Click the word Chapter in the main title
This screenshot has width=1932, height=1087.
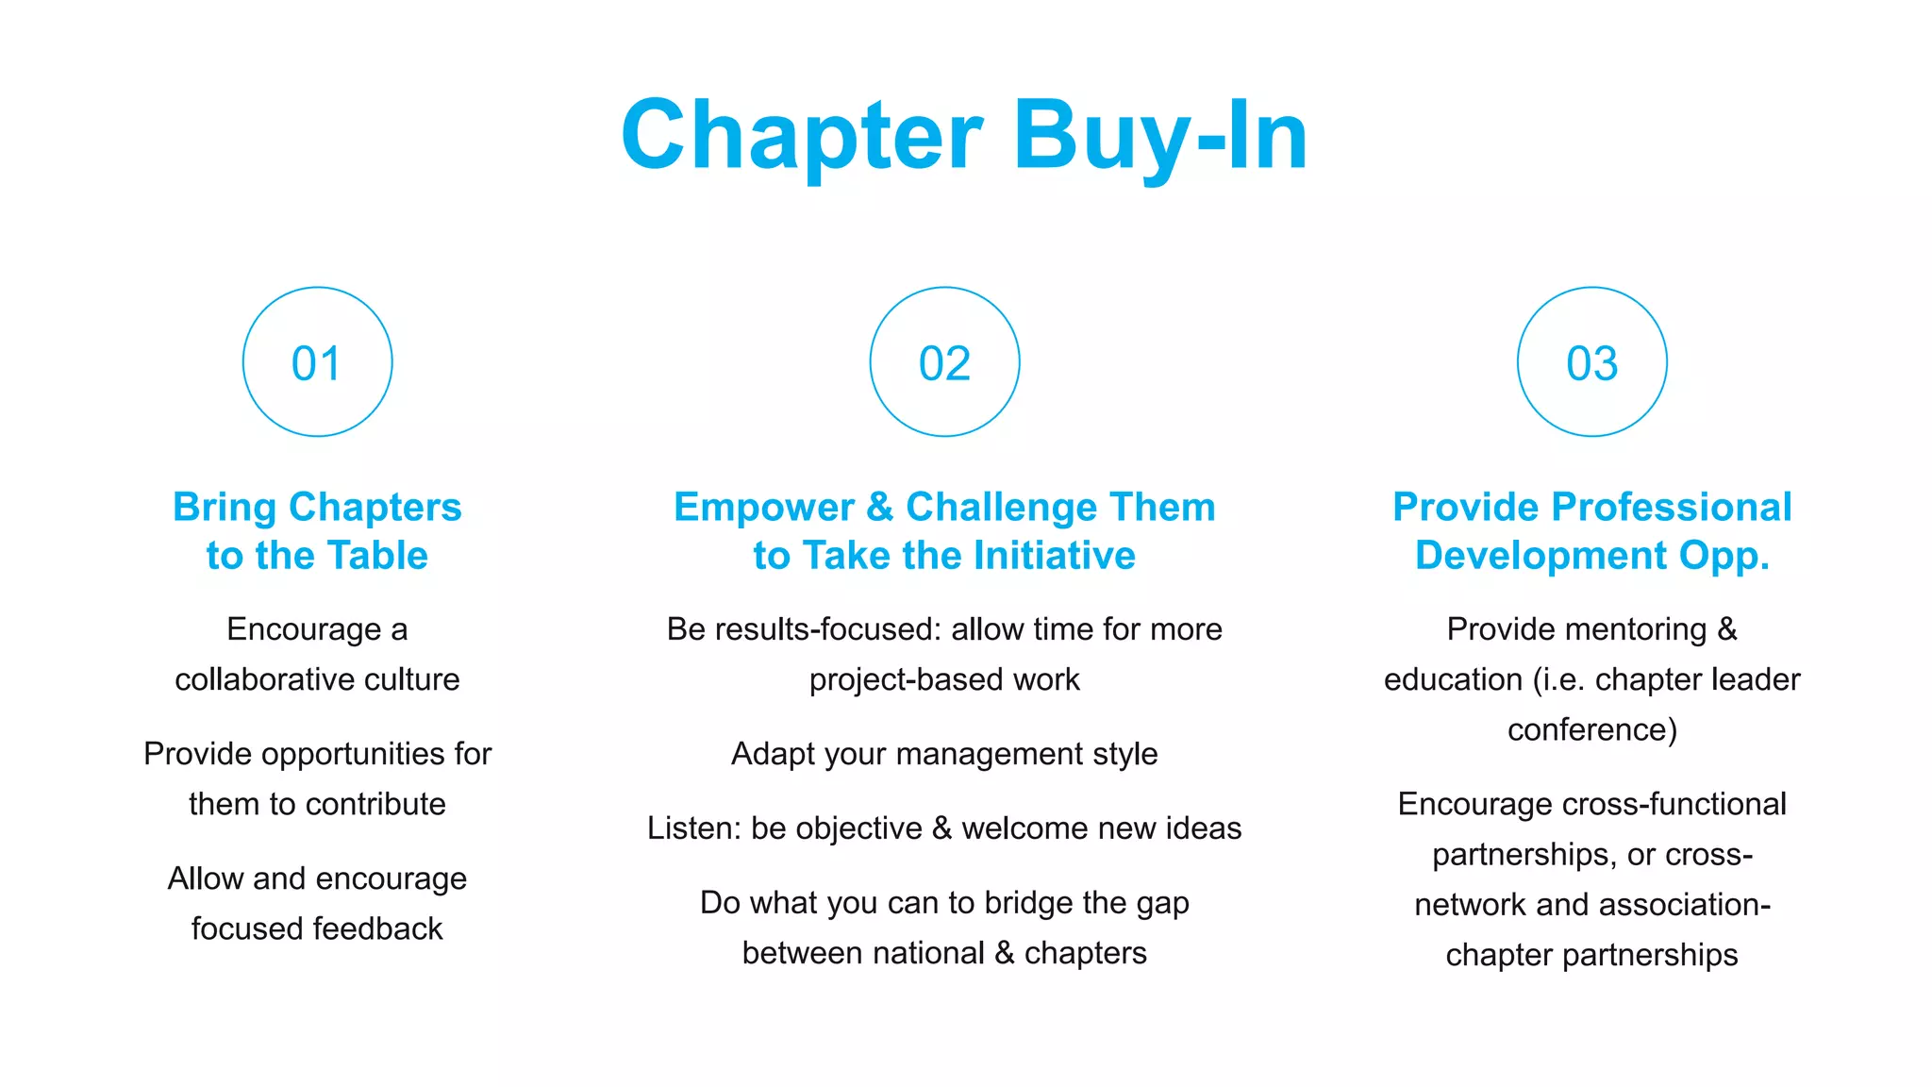802,136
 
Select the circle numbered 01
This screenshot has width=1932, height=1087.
317,362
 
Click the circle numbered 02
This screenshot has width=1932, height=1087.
944,362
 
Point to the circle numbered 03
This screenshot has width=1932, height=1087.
1591,362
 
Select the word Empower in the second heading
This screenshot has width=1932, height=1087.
763,507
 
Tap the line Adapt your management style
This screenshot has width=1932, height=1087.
944,754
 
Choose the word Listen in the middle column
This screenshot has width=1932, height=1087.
693,828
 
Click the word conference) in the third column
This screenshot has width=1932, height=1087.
1591,729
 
